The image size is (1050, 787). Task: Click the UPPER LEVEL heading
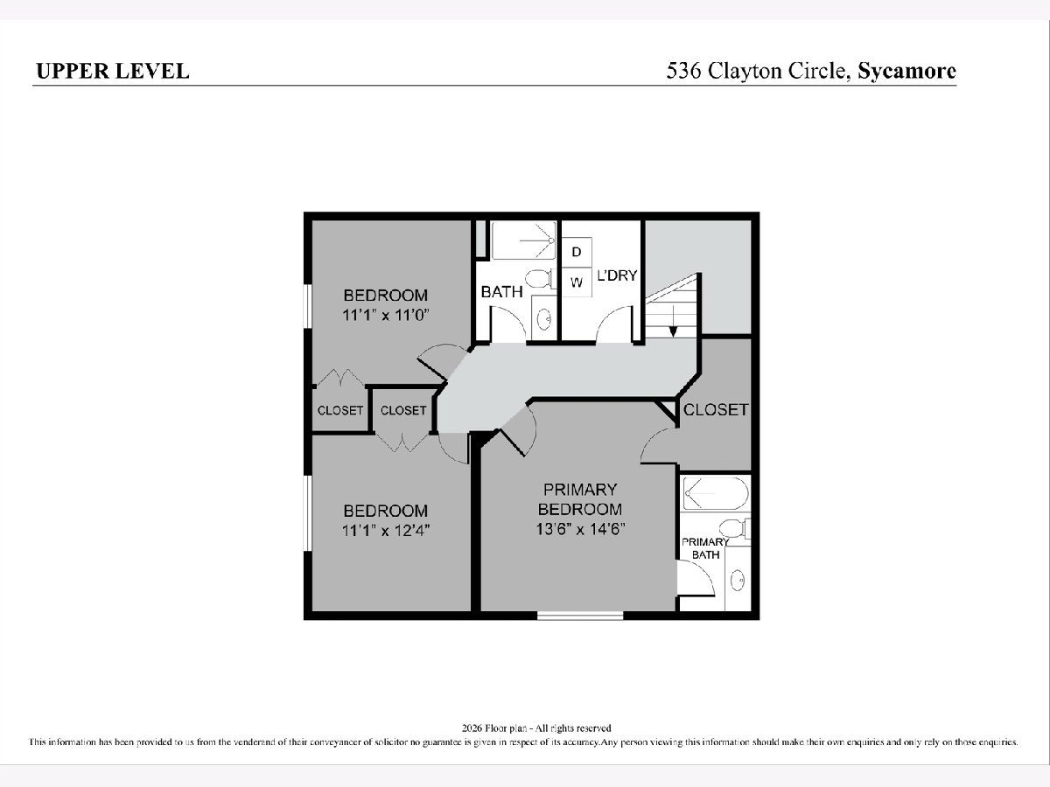pos(113,71)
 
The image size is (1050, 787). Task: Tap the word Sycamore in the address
pos(907,71)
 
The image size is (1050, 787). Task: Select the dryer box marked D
pos(577,252)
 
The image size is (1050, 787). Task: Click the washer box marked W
pos(577,282)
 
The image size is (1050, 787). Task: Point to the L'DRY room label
pos(617,275)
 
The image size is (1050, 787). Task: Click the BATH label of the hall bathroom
pos(501,291)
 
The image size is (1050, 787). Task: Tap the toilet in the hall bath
pos(541,278)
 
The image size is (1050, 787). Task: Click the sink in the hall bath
pos(544,319)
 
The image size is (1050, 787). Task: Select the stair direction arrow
pos(673,321)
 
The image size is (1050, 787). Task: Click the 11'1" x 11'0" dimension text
pos(386,316)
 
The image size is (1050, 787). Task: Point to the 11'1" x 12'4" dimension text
pos(386,531)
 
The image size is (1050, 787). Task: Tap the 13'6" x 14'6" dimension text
pos(580,529)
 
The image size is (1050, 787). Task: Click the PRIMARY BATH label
pos(705,548)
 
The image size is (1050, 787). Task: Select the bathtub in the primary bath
pos(715,493)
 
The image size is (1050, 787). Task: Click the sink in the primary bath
pos(738,581)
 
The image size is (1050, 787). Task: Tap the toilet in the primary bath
pos(734,528)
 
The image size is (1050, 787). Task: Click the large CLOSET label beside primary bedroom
pos(716,409)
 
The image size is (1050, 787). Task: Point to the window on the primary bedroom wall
pos(580,616)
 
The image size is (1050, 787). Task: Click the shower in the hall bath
pos(524,240)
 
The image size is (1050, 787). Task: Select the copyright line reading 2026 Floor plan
pos(536,728)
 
